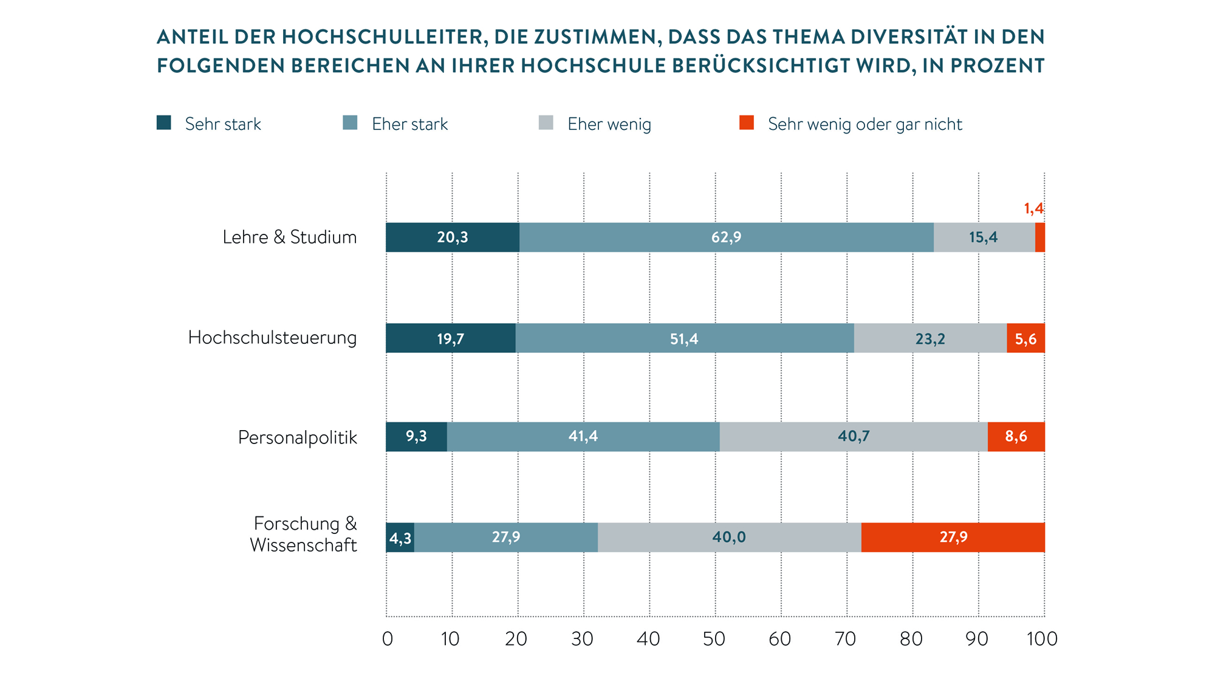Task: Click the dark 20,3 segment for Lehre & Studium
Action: click(453, 238)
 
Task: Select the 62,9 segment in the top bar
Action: click(726, 238)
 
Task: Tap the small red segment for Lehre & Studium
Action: click(1040, 238)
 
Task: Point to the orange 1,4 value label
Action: click(1033, 209)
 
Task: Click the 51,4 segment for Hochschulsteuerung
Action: click(684, 338)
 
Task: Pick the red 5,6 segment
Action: click(1025, 338)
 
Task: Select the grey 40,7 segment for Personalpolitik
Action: click(854, 437)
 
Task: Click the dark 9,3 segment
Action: click(416, 437)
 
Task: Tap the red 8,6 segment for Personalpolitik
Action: click(1016, 437)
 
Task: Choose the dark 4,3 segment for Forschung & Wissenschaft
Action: click(400, 538)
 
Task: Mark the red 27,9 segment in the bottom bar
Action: click(953, 538)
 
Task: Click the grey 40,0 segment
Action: click(729, 538)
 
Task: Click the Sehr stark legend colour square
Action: click(164, 123)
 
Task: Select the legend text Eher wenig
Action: click(609, 125)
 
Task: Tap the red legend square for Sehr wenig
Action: click(747, 123)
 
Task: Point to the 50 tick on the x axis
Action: click(714, 638)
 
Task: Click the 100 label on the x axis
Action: click(1042, 638)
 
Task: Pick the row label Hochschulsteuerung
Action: click(272, 338)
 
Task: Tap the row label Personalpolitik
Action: click(297, 437)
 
